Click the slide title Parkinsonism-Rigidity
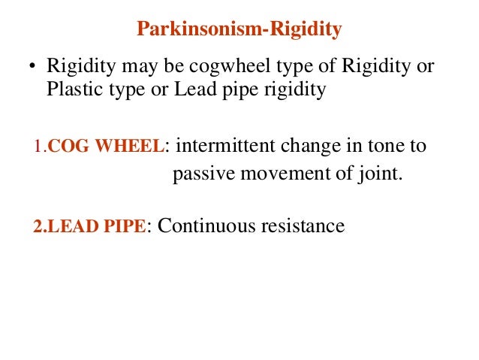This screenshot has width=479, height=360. click(239, 30)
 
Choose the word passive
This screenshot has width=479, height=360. click(200, 175)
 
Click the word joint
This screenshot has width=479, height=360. click(379, 175)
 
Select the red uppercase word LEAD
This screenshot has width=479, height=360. click(68, 226)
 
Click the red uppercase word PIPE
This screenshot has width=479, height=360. click(123, 226)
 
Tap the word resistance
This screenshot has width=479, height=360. click(303, 225)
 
